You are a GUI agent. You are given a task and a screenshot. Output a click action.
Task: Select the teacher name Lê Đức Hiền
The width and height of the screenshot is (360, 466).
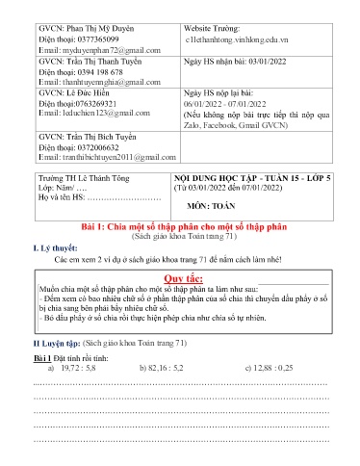click(92, 96)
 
